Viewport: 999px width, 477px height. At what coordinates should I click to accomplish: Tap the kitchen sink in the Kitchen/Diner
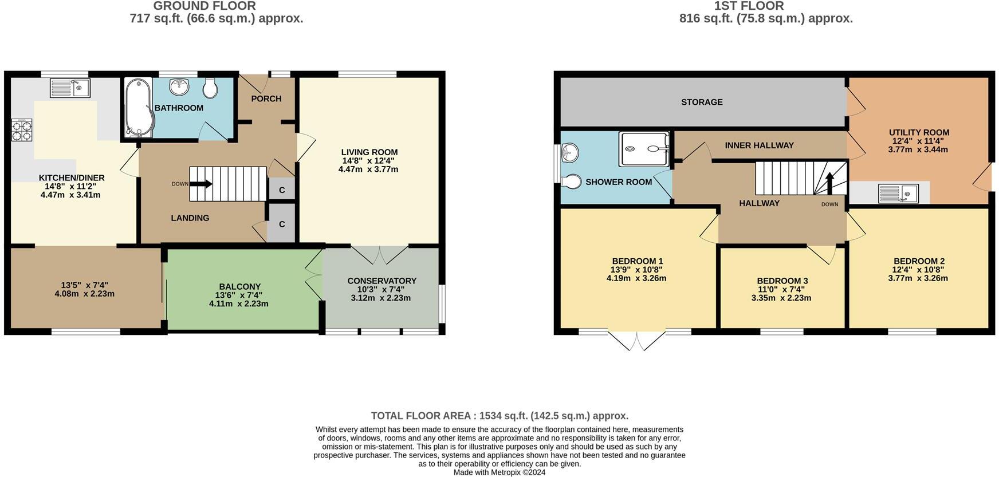70,88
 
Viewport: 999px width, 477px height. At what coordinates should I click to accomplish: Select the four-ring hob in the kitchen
22,130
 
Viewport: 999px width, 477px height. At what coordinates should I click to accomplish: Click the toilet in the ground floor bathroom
210,88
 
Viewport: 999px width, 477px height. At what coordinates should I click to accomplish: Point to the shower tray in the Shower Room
644,149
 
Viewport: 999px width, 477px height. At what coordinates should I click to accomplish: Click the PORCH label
266,98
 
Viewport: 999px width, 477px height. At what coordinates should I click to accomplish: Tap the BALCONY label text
239,286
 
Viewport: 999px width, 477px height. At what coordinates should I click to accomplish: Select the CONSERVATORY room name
381,281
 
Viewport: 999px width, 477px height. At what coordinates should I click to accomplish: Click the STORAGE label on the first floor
702,102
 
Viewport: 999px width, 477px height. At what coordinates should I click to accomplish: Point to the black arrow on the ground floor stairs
200,184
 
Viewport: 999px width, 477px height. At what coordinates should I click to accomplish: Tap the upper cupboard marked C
282,190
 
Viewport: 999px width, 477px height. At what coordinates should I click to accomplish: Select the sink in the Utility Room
898,194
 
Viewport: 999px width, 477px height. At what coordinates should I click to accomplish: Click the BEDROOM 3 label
782,281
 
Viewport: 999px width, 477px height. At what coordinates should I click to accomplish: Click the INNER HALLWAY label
759,145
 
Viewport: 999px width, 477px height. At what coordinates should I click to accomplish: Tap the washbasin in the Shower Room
570,152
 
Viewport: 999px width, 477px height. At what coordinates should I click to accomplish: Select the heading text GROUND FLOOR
204,6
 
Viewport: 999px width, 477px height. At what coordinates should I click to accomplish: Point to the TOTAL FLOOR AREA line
499,416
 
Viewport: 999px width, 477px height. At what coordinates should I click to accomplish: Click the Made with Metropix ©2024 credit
499,472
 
